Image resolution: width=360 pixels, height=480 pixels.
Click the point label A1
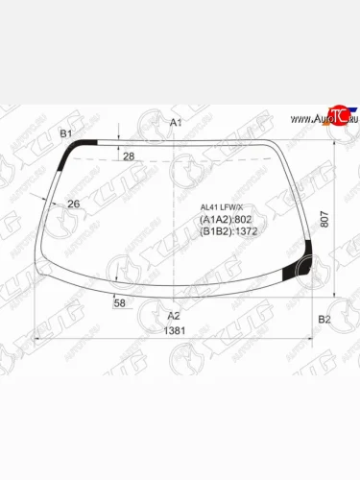point(175,123)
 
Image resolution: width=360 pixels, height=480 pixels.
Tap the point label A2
point(174,316)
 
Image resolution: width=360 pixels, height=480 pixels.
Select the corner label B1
point(66,133)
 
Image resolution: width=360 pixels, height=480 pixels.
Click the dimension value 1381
point(174,331)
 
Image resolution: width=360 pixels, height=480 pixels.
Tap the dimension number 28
point(129,156)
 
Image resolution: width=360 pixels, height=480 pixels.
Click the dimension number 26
point(73,204)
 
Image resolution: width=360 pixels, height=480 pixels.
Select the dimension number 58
point(120,303)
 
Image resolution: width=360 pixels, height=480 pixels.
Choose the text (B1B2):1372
point(228,232)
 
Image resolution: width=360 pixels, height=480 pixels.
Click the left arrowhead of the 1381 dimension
point(36,340)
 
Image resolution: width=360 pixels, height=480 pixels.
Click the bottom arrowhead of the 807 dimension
point(333,298)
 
